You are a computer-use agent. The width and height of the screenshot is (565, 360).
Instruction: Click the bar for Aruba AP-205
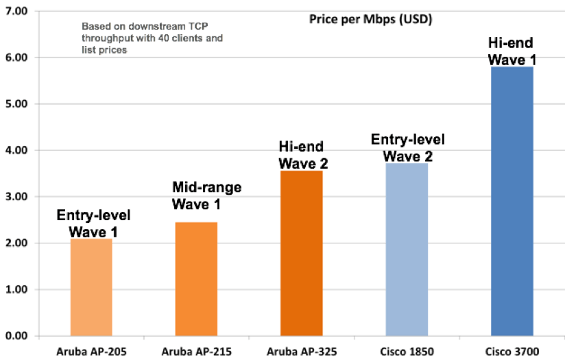pos(91,287)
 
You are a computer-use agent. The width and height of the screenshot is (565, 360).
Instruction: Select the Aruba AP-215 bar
pos(196,279)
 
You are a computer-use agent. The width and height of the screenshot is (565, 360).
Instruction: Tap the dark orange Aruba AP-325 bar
pos(301,253)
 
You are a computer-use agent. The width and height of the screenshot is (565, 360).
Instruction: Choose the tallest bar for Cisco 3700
pos(513,202)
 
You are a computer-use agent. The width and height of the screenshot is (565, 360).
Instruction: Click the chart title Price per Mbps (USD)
pos(370,19)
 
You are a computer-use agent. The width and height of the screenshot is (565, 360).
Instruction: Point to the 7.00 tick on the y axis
pos(15,12)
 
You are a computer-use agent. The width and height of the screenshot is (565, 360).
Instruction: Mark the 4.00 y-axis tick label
pos(15,151)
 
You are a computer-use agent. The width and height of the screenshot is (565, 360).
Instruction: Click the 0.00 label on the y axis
pos(15,336)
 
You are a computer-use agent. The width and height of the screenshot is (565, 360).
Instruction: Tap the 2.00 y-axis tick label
pos(15,243)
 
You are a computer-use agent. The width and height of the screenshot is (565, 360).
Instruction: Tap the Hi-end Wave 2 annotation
pos(301,155)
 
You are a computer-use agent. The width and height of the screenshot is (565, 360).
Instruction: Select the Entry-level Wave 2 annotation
pos(407,147)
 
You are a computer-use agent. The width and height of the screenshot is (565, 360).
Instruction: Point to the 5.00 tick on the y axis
pos(15,104)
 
